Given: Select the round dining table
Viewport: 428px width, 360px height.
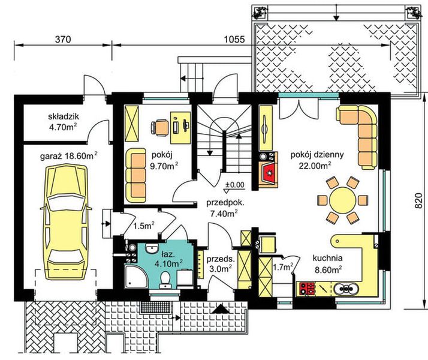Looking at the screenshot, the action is coord(342,200).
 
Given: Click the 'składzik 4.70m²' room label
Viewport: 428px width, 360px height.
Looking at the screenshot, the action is coord(64,122).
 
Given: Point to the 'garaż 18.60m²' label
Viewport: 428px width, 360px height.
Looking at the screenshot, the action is coord(69,156).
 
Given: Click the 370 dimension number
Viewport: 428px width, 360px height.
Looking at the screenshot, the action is coord(63,40).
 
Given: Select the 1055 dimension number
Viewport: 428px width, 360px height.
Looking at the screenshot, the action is coord(234,40).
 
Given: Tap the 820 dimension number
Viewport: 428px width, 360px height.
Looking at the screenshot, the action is coord(418,201).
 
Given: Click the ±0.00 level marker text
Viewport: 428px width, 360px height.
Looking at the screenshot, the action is coord(236,185).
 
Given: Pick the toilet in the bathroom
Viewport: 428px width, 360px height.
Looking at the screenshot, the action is coord(165,279).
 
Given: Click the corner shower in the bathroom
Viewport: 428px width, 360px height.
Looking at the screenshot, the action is coord(136,277).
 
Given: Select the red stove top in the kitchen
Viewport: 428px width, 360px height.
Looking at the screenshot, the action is coord(307,289).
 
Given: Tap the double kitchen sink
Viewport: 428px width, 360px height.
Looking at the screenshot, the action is coord(346,289).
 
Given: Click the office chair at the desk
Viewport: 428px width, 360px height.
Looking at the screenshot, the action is coord(160,128).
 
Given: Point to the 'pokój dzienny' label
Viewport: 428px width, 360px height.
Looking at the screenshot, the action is coord(317,155).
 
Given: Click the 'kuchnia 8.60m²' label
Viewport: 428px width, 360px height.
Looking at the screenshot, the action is coord(327,264).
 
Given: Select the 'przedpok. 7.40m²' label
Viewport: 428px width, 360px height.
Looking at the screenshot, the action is coord(225,208).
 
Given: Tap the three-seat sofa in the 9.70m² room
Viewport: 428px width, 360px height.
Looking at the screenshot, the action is coord(135,175).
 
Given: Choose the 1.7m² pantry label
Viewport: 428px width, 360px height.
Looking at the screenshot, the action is coord(283,268).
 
